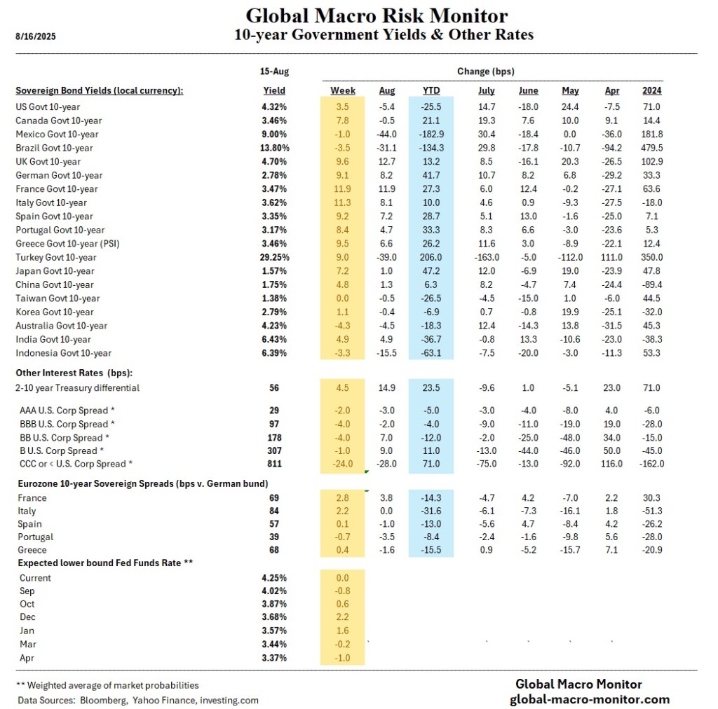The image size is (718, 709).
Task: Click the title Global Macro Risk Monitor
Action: click(377, 15)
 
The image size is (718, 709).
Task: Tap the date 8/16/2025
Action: click(35, 37)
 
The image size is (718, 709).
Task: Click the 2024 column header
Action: click(651, 91)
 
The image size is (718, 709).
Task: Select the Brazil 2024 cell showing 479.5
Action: click(651, 148)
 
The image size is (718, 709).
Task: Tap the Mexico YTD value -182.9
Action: click(431, 135)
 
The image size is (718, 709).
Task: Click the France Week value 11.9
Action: click(343, 189)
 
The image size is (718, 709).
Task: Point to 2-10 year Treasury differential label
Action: click(78, 388)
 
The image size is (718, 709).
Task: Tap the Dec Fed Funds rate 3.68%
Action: click(274, 617)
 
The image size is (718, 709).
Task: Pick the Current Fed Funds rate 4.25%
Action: click(274, 578)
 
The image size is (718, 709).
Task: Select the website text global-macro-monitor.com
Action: click(589, 699)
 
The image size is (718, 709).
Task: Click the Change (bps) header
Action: click(486, 71)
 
